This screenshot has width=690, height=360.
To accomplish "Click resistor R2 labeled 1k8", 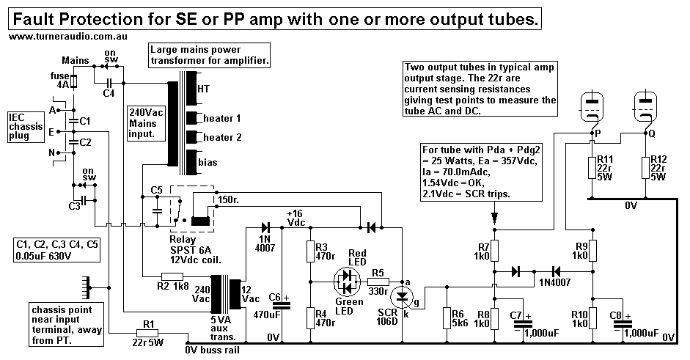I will tap(172, 276).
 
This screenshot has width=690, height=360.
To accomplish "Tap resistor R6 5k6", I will tap(444, 317).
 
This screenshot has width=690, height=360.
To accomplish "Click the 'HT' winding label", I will tap(203, 87).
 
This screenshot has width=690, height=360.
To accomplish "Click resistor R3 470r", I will tap(309, 251).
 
